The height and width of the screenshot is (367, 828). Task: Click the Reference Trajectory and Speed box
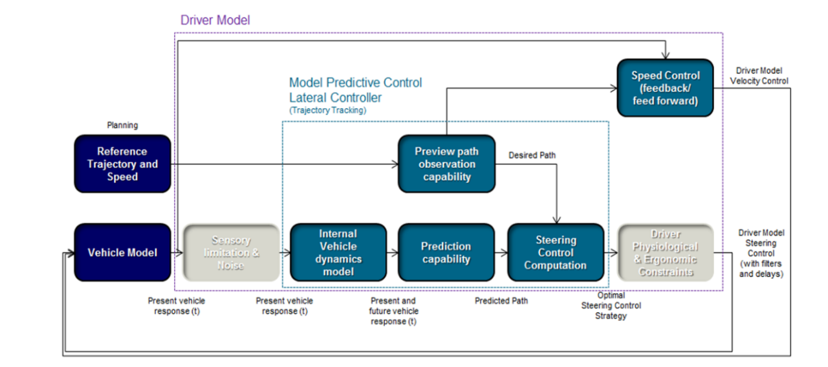pyautogui.click(x=122, y=164)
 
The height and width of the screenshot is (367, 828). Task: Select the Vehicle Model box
pyautogui.click(x=122, y=252)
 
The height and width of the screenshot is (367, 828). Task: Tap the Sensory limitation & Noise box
pyautogui.click(x=231, y=252)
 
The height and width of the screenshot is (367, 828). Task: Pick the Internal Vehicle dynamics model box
pyautogui.click(x=338, y=252)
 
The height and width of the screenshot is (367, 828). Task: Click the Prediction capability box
pyautogui.click(x=446, y=252)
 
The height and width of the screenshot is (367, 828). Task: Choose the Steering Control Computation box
pyautogui.click(x=555, y=252)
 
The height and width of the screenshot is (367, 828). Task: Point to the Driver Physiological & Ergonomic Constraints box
pyautogui.click(x=665, y=252)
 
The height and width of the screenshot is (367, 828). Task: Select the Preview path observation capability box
pyautogui.click(x=446, y=164)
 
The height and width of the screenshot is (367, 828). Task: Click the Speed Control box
pyautogui.click(x=665, y=88)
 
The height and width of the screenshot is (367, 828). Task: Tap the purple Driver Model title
pyautogui.click(x=215, y=20)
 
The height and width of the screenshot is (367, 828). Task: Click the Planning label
pyautogui.click(x=122, y=125)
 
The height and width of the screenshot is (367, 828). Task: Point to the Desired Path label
pyautogui.click(x=532, y=155)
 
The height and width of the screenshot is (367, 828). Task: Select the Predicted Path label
pyautogui.click(x=501, y=301)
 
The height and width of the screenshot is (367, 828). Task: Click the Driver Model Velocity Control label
pyautogui.click(x=759, y=76)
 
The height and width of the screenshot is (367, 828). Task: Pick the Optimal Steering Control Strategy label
pyautogui.click(x=611, y=306)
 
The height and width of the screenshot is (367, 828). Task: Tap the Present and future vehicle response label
pyautogui.click(x=393, y=311)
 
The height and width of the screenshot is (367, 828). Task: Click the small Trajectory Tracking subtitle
pyautogui.click(x=327, y=111)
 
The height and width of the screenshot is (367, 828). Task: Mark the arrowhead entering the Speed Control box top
pyautogui.click(x=666, y=56)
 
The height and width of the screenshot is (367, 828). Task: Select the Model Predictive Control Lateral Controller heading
pyautogui.click(x=355, y=90)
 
